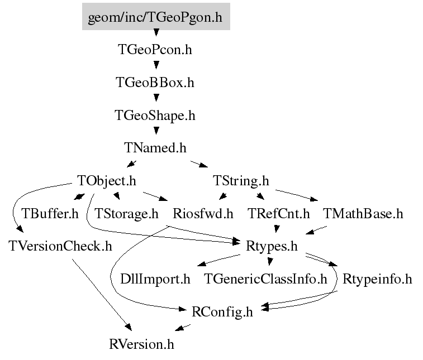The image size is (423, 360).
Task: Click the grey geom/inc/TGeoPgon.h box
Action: click(x=156, y=16)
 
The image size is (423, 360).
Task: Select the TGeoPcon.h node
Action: click(x=155, y=50)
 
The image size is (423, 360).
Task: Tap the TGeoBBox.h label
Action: click(x=155, y=83)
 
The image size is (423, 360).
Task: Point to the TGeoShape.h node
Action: click(x=155, y=116)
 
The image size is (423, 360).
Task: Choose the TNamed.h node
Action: click(x=155, y=148)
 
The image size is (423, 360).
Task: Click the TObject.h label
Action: click(x=107, y=181)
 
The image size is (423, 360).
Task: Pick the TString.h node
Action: click(x=241, y=181)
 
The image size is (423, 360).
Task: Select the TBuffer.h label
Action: click(x=50, y=214)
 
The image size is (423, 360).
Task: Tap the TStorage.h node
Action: click(x=126, y=214)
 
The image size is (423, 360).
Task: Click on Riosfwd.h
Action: click(x=203, y=214)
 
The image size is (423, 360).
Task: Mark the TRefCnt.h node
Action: click(x=279, y=214)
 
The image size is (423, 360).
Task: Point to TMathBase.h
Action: click(x=363, y=214)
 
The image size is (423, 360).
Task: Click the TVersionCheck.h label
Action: click(x=60, y=246)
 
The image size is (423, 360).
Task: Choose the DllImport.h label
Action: click(x=155, y=279)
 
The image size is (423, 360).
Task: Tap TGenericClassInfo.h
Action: click(x=265, y=279)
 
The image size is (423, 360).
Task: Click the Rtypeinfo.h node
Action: click(x=377, y=279)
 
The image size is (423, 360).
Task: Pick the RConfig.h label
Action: click(x=222, y=312)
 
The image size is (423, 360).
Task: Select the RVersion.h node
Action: click(x=141, y=344)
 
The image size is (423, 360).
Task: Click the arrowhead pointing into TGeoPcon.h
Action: click(x=156, y=32)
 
